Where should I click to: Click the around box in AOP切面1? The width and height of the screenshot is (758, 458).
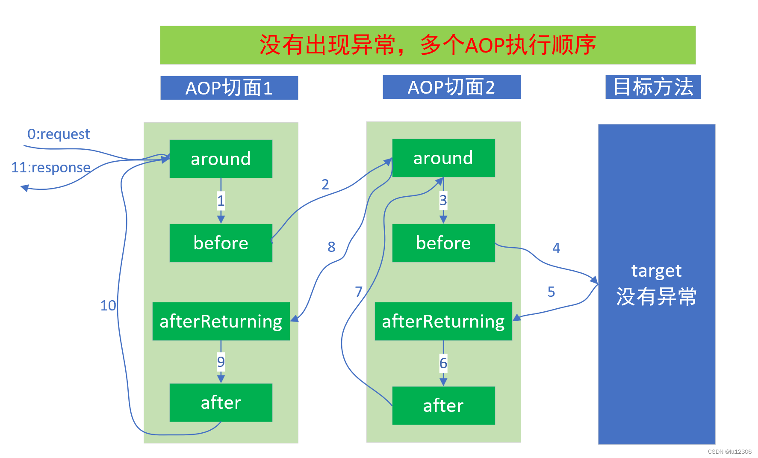(221, 159)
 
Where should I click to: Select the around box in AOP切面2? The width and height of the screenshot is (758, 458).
(443, 158)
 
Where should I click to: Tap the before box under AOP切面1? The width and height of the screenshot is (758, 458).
(221, 243)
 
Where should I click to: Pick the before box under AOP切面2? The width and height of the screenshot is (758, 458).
(443, 243)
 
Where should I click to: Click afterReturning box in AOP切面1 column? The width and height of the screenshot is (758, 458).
(221, 321)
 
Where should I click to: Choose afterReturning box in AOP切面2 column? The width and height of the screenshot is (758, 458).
(443, 321)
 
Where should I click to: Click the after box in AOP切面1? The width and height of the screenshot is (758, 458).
(221, 402)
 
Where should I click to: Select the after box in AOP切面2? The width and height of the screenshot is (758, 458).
(443, 405)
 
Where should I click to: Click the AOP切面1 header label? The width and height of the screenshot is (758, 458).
(229, 88)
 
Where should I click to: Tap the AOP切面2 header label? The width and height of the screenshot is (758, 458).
(451, 87)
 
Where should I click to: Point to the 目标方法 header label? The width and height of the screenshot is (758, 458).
(653, 87)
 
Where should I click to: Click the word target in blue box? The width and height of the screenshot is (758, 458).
(656, 271)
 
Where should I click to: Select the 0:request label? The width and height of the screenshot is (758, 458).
(59, 134)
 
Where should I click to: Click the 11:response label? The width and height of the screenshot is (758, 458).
(51, 168)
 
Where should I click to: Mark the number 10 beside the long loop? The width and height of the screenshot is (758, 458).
(108, 305)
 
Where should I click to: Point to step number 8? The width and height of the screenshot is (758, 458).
(331, 247)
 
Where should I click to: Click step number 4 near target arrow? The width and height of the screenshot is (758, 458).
(556, 248)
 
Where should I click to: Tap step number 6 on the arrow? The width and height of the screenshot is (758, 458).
(443, 363)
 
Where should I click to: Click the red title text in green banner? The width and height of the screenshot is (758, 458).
(428, 45)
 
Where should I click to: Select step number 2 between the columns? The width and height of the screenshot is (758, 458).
(325, 184)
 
